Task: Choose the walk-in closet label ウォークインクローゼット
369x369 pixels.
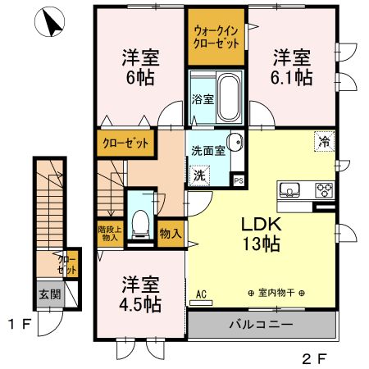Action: click(x=216, y=37)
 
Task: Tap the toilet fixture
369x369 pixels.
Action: click(x=140, y=221)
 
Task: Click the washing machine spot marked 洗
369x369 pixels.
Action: click(x=199, y=175)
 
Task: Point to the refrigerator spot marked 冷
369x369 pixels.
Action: click(x=324, y=141)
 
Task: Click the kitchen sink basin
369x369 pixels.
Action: click(x=289, y=192)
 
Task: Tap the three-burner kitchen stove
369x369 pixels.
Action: click(x=322, y=192)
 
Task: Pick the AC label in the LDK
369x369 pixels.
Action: click(x=202, y=293)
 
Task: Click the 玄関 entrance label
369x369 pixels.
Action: click(x=49, y=294)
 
